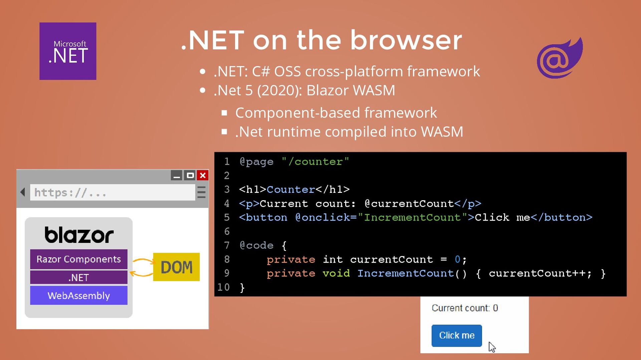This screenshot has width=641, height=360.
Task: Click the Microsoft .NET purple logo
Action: click(x=68, y=51)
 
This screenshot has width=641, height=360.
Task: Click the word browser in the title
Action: click(x=406, y=40)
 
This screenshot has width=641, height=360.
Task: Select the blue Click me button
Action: click(x=456, y=335)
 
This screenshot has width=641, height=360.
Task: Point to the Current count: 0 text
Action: click(x=464, y=308)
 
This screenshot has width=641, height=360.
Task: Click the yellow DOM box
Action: click(x=176, y=267)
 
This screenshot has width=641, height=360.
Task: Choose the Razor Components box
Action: click(x=78, y=259)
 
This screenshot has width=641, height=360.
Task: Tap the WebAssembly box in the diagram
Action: click(x=78, y=296)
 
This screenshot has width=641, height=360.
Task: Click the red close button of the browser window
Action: click(x=203, y=175)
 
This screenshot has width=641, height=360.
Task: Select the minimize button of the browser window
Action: click(x=177, y=175)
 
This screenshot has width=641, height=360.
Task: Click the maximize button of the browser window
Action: click(x=190, y=175)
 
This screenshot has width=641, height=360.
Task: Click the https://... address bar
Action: click(x=112, y=193)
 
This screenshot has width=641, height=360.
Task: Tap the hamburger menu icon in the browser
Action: click(x=201, y=193)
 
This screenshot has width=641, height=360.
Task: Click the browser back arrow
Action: click(x=23, y=192)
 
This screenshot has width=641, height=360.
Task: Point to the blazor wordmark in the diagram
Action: click(x=79, y=235)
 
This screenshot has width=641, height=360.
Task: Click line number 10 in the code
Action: click(x=223, y=287)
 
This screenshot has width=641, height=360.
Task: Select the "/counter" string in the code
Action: click(x=315, y=162)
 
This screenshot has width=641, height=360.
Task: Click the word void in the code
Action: click(x=336, y=274)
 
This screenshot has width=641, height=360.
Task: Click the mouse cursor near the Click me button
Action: click(x=492, y=347)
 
